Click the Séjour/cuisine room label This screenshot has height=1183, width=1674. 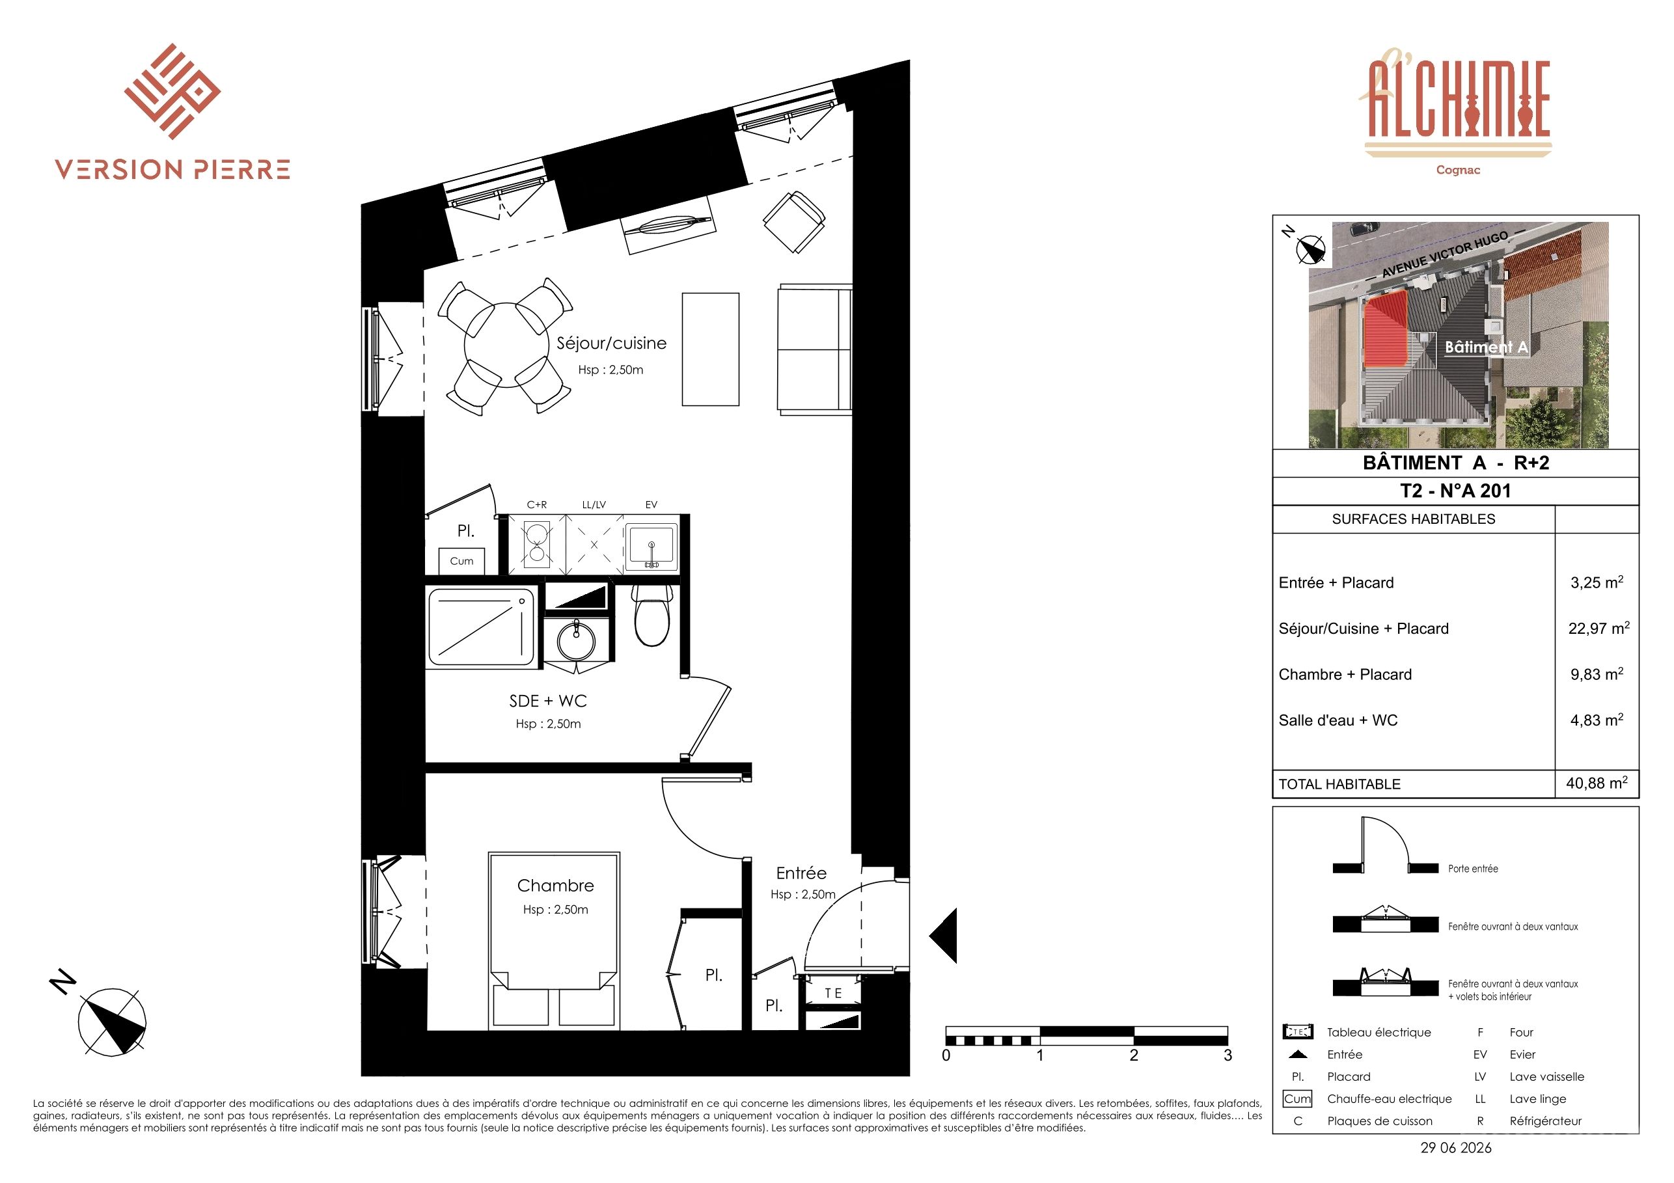click(611, 344)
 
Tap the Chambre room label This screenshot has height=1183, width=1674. click(556, 886)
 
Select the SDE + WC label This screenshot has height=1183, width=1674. click(547, 701)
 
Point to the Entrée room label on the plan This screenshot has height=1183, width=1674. click(801, 873)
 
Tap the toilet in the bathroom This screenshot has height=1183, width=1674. click(652, 617)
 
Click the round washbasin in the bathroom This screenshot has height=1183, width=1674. click(576, 642)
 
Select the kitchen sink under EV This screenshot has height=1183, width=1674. click(651, 546)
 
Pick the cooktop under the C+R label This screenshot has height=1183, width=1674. click(538, 545)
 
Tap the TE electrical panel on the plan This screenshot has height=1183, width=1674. click(832, 993)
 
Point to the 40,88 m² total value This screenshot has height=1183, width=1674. click(1597, 783)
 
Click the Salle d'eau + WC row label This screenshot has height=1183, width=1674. click(1338, 720)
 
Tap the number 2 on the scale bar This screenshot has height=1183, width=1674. click(1134, 1055)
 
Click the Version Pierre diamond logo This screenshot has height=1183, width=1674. click(172, 91)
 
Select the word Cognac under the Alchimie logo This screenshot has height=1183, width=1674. click(1458, 170)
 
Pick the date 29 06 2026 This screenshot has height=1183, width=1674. click(1456, 1147)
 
